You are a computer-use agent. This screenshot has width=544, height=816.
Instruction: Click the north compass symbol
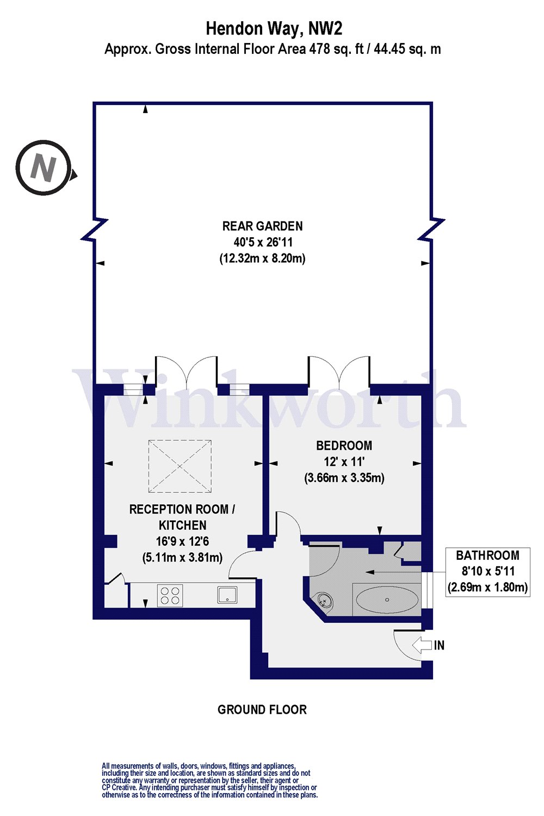click(44, 168)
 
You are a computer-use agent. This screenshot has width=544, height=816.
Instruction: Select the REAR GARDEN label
click(262, 226)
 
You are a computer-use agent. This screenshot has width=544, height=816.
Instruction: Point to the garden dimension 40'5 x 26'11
click(262, 242)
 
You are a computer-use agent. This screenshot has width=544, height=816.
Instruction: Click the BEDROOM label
click(344, 446)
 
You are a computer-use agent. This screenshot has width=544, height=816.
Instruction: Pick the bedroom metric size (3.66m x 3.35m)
click(344, 478)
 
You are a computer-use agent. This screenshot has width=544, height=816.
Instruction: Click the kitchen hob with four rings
click(170, 595)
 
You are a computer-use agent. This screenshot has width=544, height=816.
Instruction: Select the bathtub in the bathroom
click(387, 599)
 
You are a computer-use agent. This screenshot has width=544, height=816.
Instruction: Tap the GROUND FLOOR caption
click(262, 709)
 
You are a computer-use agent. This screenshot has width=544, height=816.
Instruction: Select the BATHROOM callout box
click(487, 571)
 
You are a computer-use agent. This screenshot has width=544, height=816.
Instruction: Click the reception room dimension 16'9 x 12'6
click(182, 541)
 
